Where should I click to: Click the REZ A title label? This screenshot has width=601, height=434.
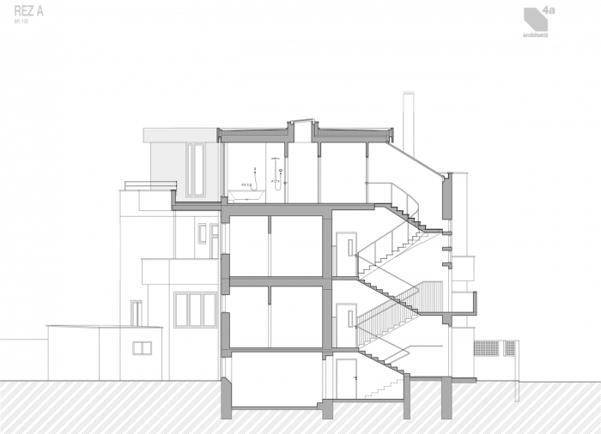click(x=28, y=14)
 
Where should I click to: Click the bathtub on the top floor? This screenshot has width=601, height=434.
click(x=246, y=195)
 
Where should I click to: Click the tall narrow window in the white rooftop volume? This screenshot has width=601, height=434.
click(x=196, y=168)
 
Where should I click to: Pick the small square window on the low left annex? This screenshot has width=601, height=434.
click(x=143, y=347)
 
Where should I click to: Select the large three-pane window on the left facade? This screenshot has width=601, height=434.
click(x=195, y=310)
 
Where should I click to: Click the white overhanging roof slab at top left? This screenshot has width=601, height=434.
click(x=180, y=135)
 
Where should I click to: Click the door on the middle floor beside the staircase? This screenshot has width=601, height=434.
click(x=347, y=316)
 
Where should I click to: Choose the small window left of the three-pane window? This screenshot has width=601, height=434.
click(x=137, y=312)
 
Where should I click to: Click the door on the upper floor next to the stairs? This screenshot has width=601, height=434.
click(x=347, y=246)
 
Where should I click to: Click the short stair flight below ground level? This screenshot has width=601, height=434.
click(x=378, y=391)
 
